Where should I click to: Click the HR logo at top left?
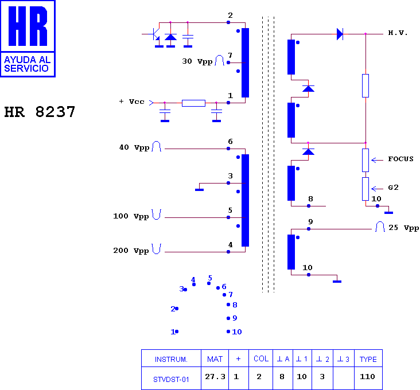click(x=28, y=39)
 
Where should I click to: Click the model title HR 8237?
click(x=40, y=112)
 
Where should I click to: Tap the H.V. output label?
click(x=398, y=33)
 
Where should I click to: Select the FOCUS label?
click(x=400, y=159)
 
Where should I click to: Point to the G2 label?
click(x=393, y=188)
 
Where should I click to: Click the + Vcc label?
click(x=132, y=102)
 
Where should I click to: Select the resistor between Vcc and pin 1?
click(x=193, y=103)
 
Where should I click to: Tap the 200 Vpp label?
click(x=131, y=251)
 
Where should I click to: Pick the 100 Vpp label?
click(x=131, y=216)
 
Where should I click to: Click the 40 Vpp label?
click(x=134, y=147)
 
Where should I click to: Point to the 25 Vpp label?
click(x=404, y=228)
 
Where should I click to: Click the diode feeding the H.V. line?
click(x=340, y=34)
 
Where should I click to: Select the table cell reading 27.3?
click(x=215, y=377)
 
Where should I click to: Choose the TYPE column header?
click(x=368, y=359)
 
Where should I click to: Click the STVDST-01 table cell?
click(x=171, y=379)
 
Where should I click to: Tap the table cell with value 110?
click(x=367, y=377)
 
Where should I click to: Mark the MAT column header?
click(x=215, y=359)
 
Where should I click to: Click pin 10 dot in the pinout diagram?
click(x=228, y=331)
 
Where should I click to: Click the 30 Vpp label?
click(x=197, y=61)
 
